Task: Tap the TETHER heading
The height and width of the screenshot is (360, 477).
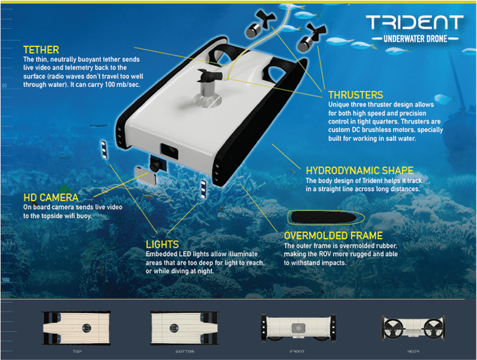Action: click(x=41, y=50)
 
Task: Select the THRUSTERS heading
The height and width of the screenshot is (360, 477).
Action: click(x=356, y=94)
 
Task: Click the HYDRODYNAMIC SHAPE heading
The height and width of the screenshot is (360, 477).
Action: click(x=359, y=171)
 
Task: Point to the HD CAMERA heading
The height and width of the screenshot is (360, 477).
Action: click(x=51, y=198)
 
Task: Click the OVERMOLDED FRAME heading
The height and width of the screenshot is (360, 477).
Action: click(x=333, y=236)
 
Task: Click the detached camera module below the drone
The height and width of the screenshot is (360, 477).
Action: click(x=150, y=169)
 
